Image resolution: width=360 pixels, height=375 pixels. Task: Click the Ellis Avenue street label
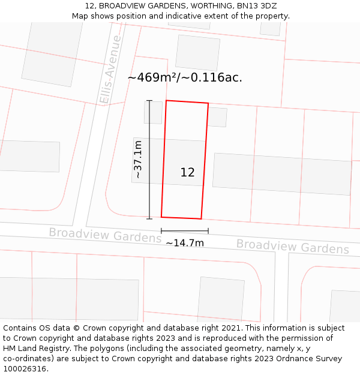[x=111, y=70]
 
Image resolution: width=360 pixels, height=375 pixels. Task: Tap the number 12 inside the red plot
[x=187, y=172]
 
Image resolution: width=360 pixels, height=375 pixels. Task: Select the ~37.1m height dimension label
[x=138, y=160]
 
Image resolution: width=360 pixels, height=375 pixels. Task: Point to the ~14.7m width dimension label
[x=185, y=243]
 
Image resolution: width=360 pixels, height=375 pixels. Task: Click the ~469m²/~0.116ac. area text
[x=185, y=77]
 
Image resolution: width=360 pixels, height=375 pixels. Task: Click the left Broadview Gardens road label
[x=105, y=235]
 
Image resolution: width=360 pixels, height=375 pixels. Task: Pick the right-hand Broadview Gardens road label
[x=292, y=246]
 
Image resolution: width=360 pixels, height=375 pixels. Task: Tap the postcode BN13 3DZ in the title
[x=257, y=6]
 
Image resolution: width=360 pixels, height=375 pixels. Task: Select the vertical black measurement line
[x=149, y=160]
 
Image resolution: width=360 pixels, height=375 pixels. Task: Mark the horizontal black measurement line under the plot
[x=185, y=230]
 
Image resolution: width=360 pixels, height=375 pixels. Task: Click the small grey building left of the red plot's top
[x=153, y=112]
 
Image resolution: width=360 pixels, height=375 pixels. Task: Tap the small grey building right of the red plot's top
[x=217, y=117]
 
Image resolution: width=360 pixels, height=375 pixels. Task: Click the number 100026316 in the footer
[x=23, y=368]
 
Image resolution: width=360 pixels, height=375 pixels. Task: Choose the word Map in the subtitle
[x=81, y=16]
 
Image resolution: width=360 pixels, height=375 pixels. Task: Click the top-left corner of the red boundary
[x=166, y=101]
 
